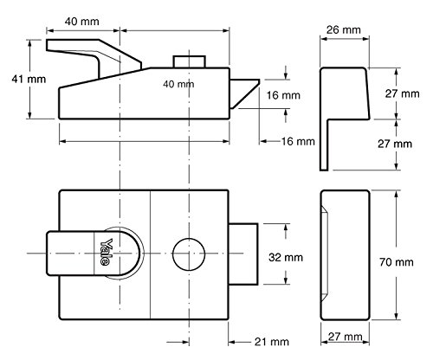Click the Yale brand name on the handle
(x=105, y=252)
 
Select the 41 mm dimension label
(x=29, y=79)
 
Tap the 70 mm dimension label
(x=396, y=262)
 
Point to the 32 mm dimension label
(x=286, y=257)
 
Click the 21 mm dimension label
(x=272, y=342)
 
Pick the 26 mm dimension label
(x=344, y=29)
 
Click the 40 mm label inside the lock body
(x=178, y=84)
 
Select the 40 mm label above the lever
(x=81, y=22)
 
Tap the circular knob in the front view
(x=189, y=254)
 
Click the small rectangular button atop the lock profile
(x=189, y=61)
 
